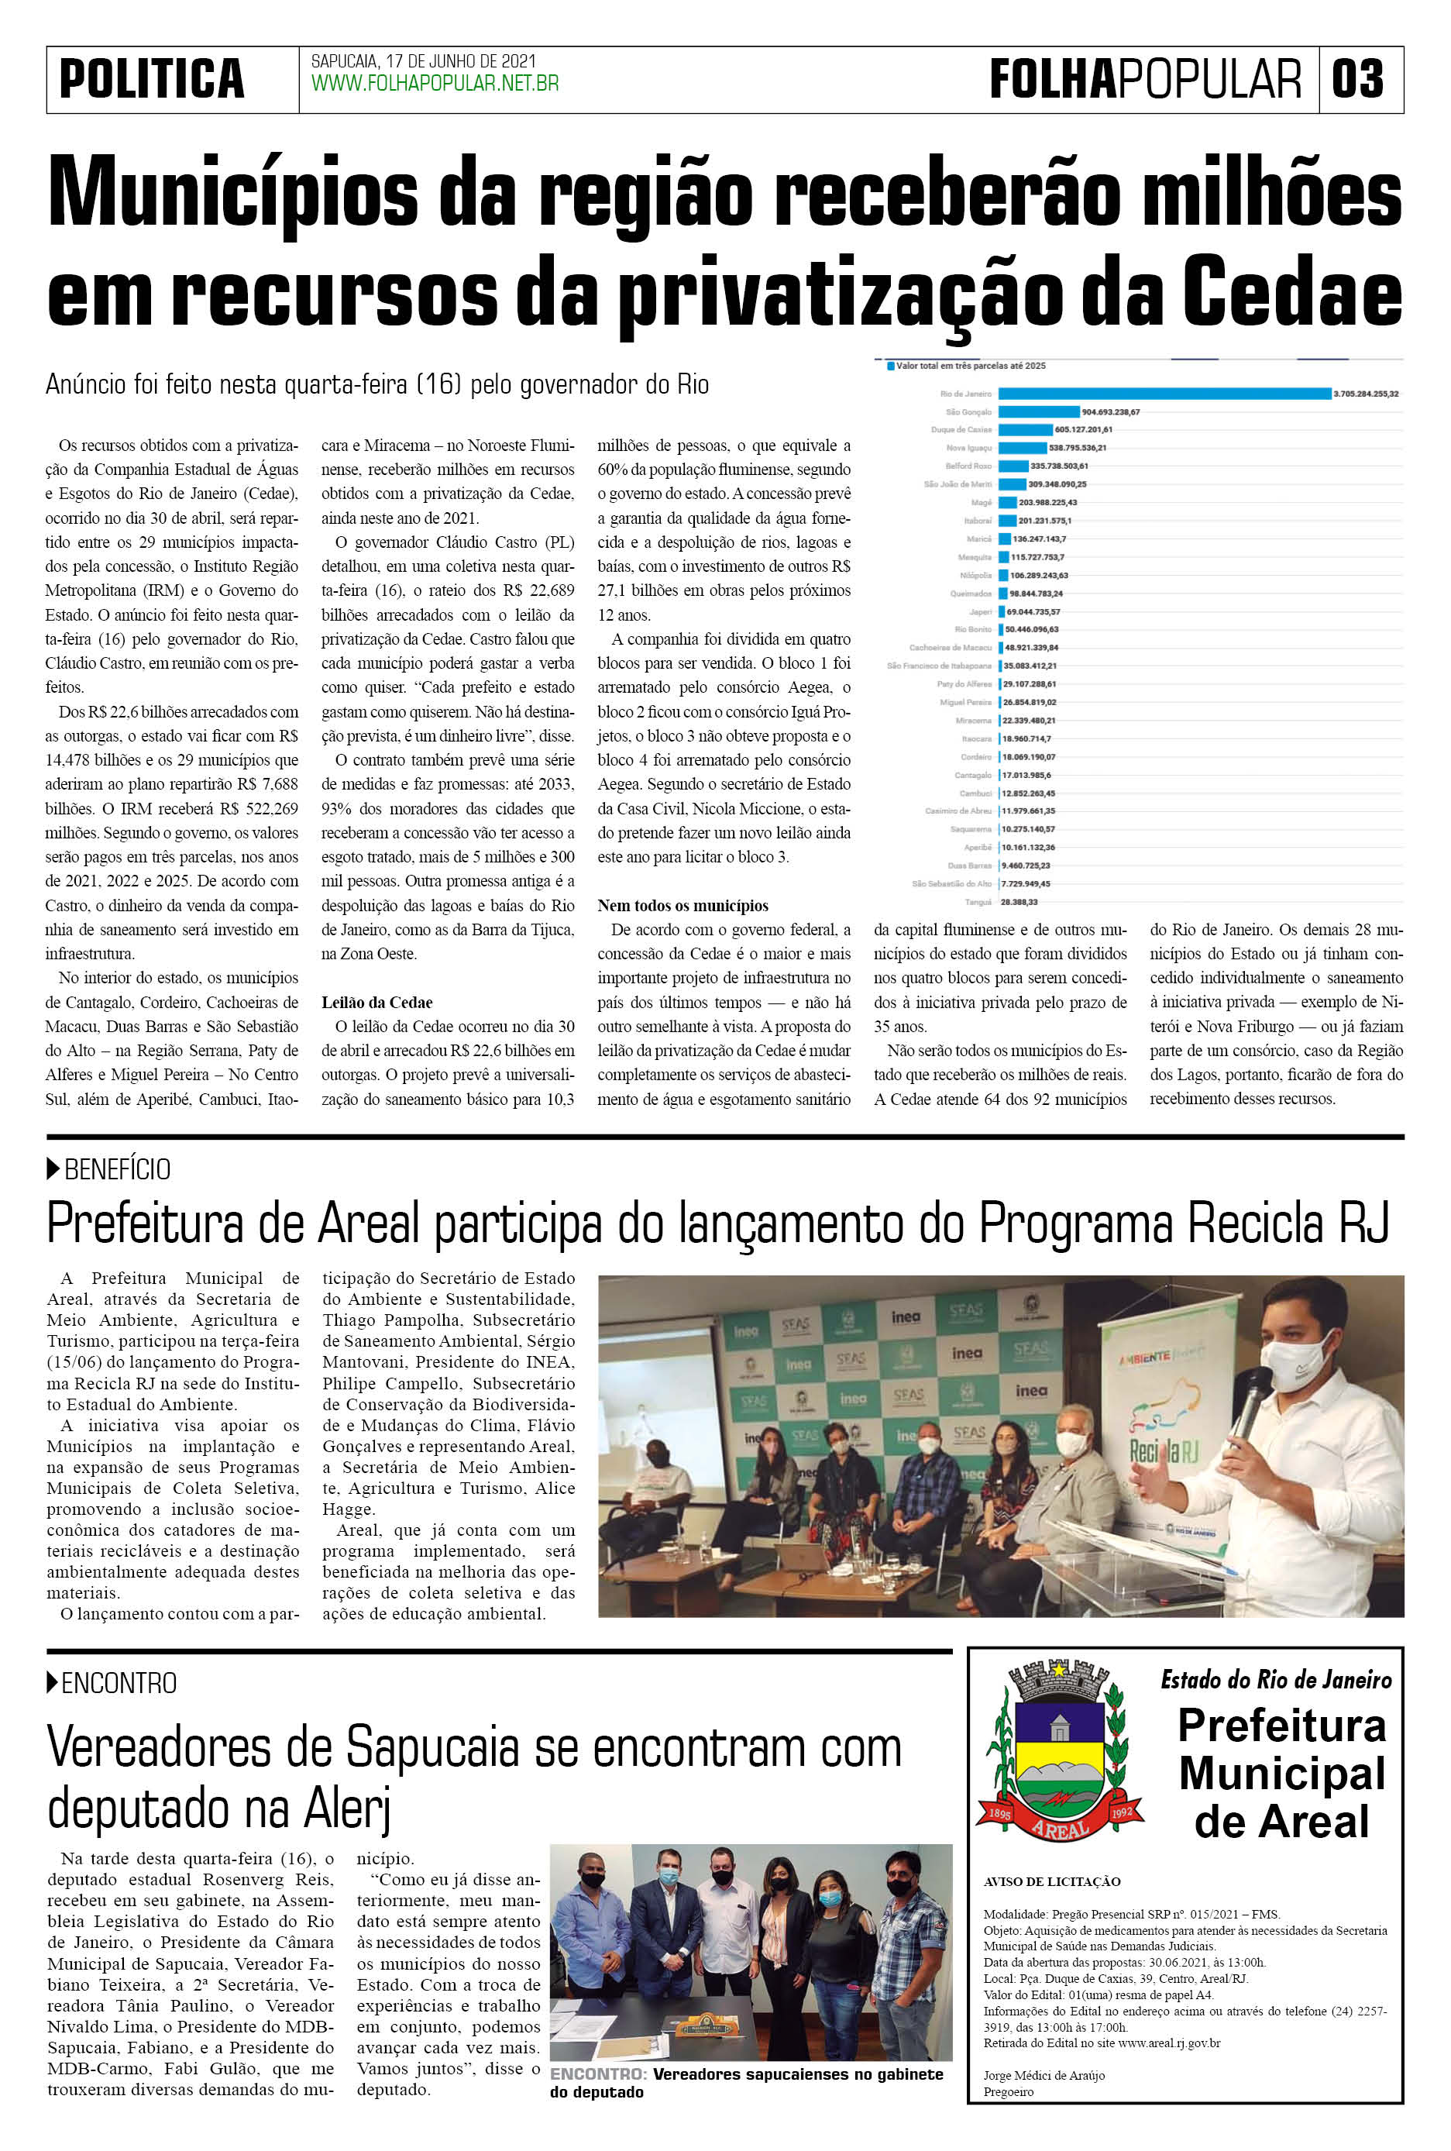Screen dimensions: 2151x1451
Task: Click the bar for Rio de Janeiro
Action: (x=1164, y=394)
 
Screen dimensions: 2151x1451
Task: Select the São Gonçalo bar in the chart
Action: (x=1038, y=412)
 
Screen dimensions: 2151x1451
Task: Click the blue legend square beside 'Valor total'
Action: (x=890, y=366)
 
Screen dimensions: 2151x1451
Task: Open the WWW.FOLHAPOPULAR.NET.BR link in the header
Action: (x=435, y=84)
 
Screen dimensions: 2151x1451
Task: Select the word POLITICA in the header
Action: (x=152, y=80)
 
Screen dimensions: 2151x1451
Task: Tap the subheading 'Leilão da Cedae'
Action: (x=377, y=1003)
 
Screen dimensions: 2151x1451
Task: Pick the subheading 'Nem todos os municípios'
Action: (x=682, y=905)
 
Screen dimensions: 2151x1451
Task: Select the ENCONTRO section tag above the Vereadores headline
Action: (x=119, y=1683)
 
